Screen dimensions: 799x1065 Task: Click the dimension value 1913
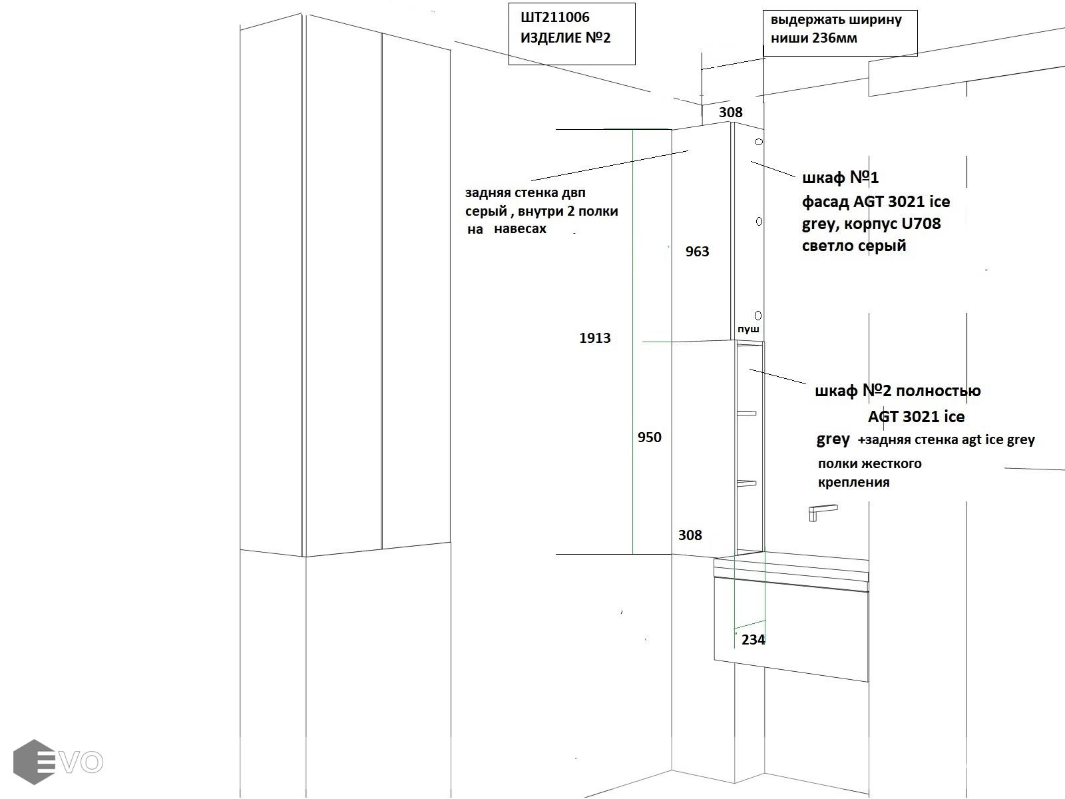point(594,338)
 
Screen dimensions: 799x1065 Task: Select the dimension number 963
point(697,252)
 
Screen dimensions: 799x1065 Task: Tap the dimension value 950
point(649,437)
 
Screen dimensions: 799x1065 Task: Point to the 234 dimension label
point(753,640)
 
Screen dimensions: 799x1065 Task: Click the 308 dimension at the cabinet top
point(730,113)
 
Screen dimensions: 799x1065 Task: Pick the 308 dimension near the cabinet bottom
point(690,535)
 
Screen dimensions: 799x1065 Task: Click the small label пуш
point(748,329)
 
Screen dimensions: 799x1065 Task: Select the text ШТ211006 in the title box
point(554,17)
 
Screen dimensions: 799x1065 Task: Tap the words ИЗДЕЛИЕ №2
point(565,37)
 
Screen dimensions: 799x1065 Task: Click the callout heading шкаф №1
point(840,178)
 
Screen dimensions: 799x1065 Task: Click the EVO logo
point(58,762)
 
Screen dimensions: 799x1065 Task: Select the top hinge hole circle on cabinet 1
point(758,142)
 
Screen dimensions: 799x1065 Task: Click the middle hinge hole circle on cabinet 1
point(759,221)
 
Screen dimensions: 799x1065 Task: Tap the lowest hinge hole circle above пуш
point(758,315)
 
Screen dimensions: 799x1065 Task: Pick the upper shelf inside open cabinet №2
point(747,413)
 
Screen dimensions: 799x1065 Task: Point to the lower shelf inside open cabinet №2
point(747,483)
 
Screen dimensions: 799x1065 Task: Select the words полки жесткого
point(869,463)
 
